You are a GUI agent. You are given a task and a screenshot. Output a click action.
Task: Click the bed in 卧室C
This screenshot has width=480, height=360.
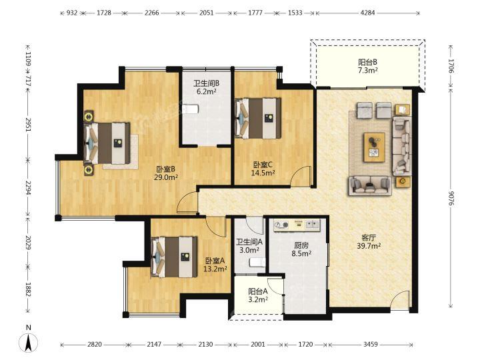258,118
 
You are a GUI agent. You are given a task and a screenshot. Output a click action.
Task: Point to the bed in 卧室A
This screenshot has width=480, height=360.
174,257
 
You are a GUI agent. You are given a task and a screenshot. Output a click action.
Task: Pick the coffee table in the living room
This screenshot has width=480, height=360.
374,147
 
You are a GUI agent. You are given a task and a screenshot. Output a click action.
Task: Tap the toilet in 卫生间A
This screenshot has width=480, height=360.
257,263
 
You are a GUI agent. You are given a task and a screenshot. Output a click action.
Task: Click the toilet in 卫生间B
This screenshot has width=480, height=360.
190,109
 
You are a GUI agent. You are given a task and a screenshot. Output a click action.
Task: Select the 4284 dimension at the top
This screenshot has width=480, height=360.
367,13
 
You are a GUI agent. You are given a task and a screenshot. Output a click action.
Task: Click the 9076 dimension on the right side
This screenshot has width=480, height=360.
451,199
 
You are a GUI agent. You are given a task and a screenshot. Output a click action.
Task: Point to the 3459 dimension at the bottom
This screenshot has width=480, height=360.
371,345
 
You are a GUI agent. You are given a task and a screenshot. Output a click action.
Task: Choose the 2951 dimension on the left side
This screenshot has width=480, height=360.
28,125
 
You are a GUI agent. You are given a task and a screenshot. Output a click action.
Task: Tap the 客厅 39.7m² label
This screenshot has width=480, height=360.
369,241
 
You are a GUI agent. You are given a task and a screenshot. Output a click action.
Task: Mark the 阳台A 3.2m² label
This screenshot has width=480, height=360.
258,295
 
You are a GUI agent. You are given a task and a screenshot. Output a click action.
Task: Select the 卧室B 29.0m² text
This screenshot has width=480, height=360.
165,173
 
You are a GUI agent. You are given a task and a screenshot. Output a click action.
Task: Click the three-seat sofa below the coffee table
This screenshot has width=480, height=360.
370,185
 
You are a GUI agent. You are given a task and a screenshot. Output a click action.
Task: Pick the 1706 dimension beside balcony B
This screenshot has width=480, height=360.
451,65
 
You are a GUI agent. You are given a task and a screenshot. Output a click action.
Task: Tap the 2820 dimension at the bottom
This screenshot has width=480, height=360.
94,345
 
